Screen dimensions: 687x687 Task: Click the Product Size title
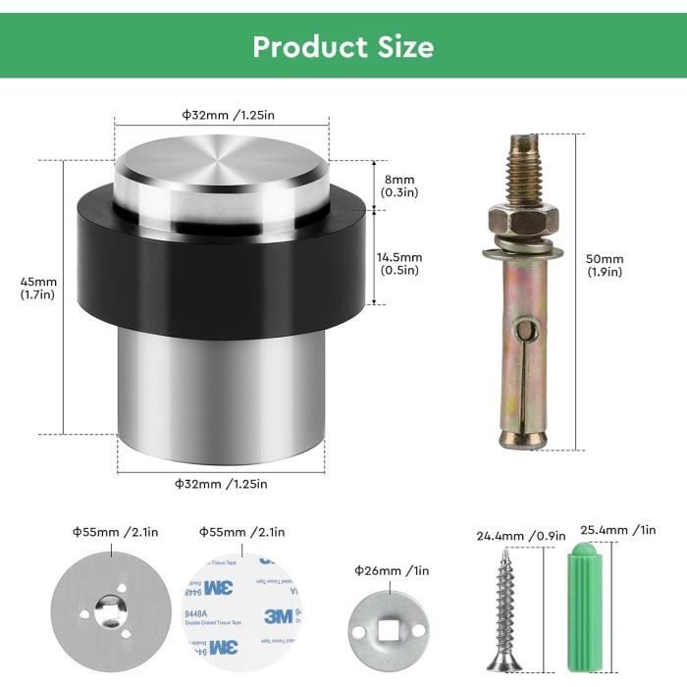click(x=343, y=46)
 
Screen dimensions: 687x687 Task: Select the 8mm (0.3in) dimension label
click(x=399, y=185)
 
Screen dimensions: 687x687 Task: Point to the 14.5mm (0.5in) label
click(x=399, y=264)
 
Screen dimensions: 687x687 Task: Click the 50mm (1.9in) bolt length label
click(x=603, y=265)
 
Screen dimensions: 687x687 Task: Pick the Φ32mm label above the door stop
click(x=228, y=115)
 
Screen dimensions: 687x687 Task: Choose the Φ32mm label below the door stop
click(x=221, y=483)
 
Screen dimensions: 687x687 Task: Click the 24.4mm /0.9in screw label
click(x=520, y=535)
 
